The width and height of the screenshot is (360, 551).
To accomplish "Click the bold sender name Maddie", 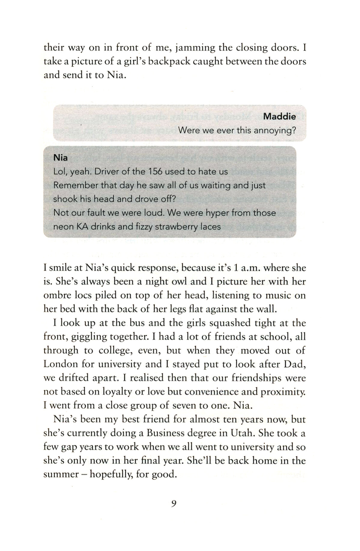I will point(279,116).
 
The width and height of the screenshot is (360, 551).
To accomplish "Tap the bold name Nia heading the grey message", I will point(60,158).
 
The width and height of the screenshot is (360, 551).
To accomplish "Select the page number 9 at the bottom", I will point(174,503).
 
